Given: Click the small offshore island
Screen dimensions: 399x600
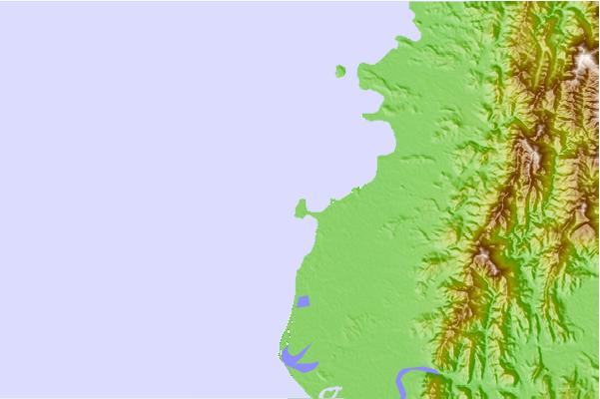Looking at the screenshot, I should (x=340, y=71).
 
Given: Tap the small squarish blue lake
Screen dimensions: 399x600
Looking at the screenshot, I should (x=303, y=301).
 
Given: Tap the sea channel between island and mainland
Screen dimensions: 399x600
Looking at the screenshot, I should (x=350, y=71).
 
